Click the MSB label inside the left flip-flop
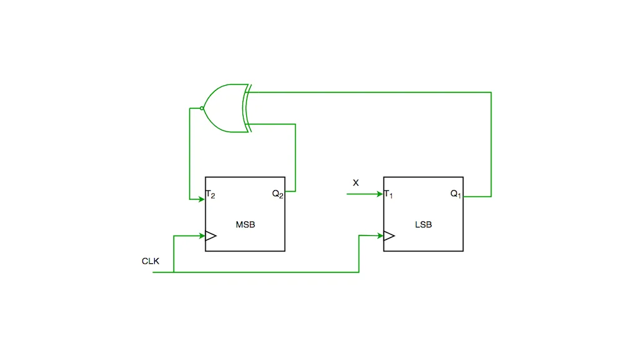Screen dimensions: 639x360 tap(245, 224)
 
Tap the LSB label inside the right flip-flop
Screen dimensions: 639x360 tap(424, 224)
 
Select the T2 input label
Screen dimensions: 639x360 tap(211, 194)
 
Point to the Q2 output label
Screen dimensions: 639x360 tap(277, 194)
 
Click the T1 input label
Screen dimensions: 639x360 tap(389, 194)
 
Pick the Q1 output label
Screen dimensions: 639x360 tap(455, 194)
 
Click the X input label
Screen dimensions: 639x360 tap(356, 182)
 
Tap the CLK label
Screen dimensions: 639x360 tap(151, 261)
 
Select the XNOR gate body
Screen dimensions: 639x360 tap(225, 108)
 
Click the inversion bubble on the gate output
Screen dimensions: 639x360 tap(202, 108)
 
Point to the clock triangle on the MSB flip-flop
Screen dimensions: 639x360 tap(211, 236)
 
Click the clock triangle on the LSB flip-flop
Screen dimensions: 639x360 tap(389, 236)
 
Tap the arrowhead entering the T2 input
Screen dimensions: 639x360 tap(202, 199)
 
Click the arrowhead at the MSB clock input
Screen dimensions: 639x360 tap(202, 236)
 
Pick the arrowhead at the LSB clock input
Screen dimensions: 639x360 tap(380, 236)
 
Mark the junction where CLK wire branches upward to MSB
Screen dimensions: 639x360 tap(174, 272)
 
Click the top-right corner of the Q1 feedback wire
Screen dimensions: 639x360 tap(491, 92)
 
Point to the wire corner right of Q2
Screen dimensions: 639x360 tap(295, 191)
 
